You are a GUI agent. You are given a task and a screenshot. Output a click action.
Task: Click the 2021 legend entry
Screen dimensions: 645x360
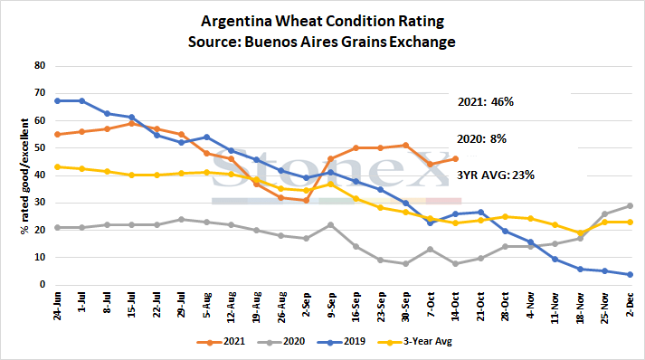tap(221, 342)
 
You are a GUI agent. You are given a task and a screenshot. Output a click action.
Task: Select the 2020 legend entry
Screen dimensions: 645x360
tap(281, 342)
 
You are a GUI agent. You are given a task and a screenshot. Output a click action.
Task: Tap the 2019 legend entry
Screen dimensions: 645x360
tap(341, 342)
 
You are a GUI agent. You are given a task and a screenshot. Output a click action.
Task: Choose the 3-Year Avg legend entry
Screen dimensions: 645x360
tap(414, 342)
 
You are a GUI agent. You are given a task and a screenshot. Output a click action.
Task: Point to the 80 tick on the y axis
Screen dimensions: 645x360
tap(40, 65)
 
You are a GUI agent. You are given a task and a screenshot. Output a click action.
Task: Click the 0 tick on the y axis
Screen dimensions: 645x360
tap(43, 284)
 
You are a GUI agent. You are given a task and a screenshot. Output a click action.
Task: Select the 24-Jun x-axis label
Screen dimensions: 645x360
tap(57, 306)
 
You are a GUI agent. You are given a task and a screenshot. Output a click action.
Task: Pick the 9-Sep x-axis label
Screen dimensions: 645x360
tap(332, 305)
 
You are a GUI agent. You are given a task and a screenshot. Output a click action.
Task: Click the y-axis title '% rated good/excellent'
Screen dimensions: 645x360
tap(25, 176)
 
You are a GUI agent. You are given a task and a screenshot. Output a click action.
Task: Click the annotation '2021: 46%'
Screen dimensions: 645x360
tap(486, 101)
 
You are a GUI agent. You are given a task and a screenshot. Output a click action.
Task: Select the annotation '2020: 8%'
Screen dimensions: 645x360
tap(481, 139)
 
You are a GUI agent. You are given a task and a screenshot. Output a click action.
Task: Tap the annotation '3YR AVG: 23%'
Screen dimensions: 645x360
tap(496, 175)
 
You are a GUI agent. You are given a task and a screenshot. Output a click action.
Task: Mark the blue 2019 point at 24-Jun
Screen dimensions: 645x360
tap(57, 100)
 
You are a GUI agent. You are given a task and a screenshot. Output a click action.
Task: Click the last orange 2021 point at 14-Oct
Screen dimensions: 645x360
tap(455, 159)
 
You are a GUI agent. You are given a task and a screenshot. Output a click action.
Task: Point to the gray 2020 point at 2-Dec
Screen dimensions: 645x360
tap(630, 205)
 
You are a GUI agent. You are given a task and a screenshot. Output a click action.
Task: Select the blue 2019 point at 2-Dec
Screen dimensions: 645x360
tap(630, 274)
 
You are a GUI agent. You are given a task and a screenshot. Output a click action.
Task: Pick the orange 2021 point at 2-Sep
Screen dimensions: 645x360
tap(306, 201)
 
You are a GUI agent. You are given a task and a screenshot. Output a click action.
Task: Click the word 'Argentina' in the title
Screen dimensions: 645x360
tap(236, 22)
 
